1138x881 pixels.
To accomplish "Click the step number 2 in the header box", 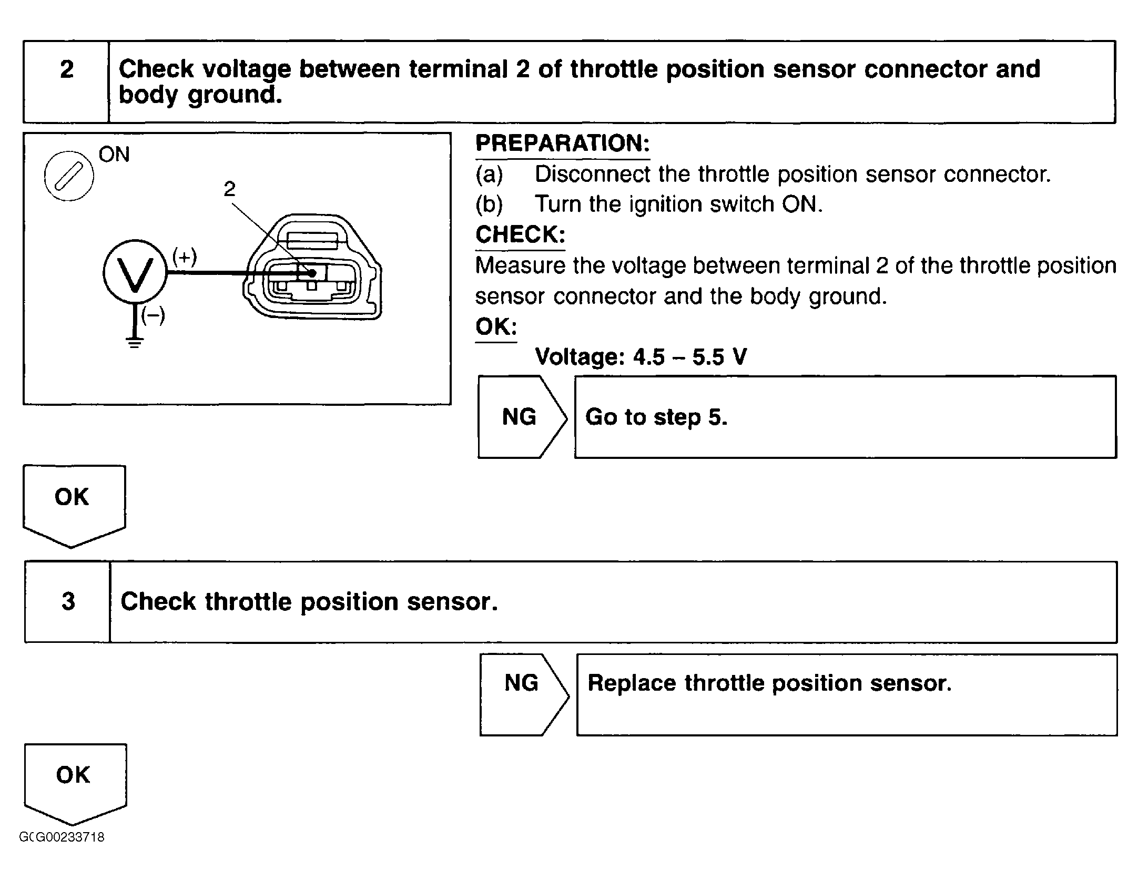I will pyautogui.click(x=66, y=69).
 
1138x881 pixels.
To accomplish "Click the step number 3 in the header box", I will pyautogui.click(x=68, y=601).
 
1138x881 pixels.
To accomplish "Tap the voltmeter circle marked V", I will pyautogui.click(x=135, y=272).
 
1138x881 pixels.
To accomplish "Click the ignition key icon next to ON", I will pyautogui.click(x=69, y=176).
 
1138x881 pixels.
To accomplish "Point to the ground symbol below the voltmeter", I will pyautogui.click(x=135, y=343).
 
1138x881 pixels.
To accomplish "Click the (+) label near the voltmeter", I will pyautogui.click(x=185, y=257).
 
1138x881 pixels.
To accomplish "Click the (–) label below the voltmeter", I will pyautogui.click(x=153, y=315).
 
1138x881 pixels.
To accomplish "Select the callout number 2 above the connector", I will pyautogui.click(x=229, y=189).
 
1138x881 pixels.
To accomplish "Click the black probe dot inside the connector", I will pyautogui.click(x=312, y=273).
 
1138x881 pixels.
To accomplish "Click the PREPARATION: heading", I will pyautogui.click(x=562, y=144).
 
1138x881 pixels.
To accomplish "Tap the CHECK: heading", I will pyautogui.click(x=520, y=234).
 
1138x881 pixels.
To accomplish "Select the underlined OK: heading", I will pyautogui.click(x=496, y=327).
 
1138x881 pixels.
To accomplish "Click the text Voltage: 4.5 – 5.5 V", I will pyautogui.click(x=641, y=357).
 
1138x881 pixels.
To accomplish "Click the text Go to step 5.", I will pyautogui.click(x=656, y=417).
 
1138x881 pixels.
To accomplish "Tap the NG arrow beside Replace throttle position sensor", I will pyautogui.click(x=522, y=683).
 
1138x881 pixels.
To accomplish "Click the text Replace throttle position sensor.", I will pyautogui.click(x=769, y=683).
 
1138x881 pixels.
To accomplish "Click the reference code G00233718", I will pyautogui.click(x=62, y=837).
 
